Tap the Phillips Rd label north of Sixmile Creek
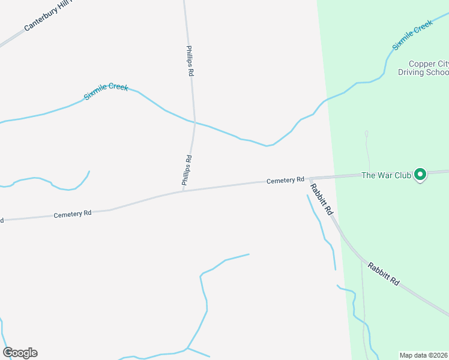[x=190, y=61]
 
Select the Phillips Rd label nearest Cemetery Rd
[x=188, y=171]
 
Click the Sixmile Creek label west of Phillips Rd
[x=106, y=92]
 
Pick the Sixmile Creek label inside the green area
[x=412, y=35]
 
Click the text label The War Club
[x=385, y=175]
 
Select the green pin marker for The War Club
[x=421, y=175]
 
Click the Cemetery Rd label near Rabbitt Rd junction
[x=286, y=180]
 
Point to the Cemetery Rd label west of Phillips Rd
[x=72, y=214]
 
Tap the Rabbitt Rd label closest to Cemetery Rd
[x=321, y=199]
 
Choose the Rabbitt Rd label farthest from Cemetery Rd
[x=384, y=274]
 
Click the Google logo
[x=20, y=353]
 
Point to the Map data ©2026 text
[x=423, y=355]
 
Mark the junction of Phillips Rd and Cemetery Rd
[x=183, y=191]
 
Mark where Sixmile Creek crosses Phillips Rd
[x=194, y=124]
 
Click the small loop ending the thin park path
[x=366, y=133]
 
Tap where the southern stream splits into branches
[x=187, y=348]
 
